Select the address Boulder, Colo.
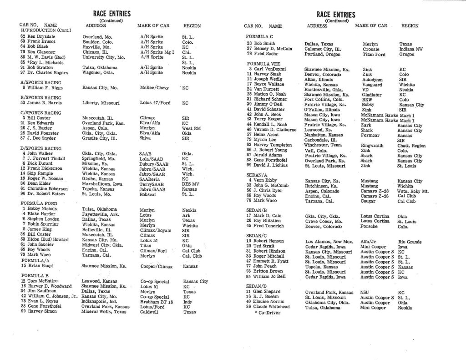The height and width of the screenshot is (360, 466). (97, 41)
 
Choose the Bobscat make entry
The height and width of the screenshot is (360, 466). (148, 193)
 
